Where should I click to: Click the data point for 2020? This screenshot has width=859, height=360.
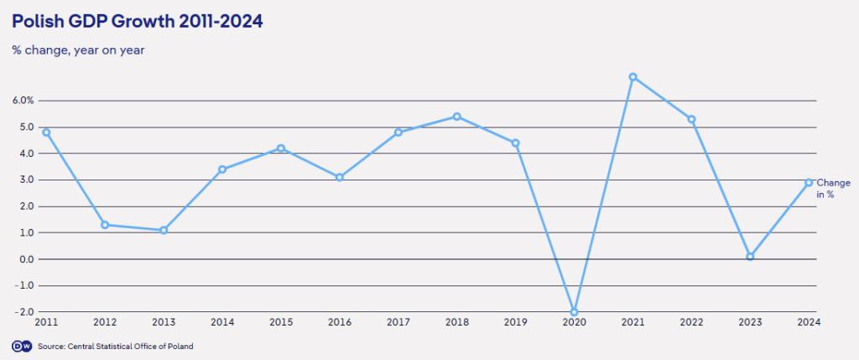click(x=574, y=311)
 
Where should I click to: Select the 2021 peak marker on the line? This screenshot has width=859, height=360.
click(x=633, y=77)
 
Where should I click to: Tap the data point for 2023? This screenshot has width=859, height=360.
click(x=750, y=257)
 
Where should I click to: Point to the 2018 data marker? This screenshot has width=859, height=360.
click(x=456, y=117)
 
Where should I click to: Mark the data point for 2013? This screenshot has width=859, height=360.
click(x=164, y=230)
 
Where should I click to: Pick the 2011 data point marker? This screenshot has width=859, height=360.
click(x=46, y=132)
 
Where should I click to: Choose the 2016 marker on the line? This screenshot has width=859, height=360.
click(x=340, y=177)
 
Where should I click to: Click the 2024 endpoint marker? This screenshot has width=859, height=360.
click(x=809, y=182)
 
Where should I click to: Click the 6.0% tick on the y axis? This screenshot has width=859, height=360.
click(x=23, y=101)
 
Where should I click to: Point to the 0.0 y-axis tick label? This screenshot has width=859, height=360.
click(x=24, y=259)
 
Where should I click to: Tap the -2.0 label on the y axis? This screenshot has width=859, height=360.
click(x=23, y=311)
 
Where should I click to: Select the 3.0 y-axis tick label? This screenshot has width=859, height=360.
click(x=24, y=180)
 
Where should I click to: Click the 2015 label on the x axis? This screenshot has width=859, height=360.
click(x=281, y=321)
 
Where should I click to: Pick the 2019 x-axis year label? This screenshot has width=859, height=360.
click(x=515, y=321)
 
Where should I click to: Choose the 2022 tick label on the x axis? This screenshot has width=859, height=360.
click(x=691, y=321)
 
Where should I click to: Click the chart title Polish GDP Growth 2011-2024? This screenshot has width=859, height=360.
click(x=138, y=23)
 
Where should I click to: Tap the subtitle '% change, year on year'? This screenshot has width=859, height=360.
click(x=78, y=50)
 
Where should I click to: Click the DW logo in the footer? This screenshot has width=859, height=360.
click(x=20, y=346)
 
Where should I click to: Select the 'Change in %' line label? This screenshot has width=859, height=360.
click(x=833, y=188)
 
